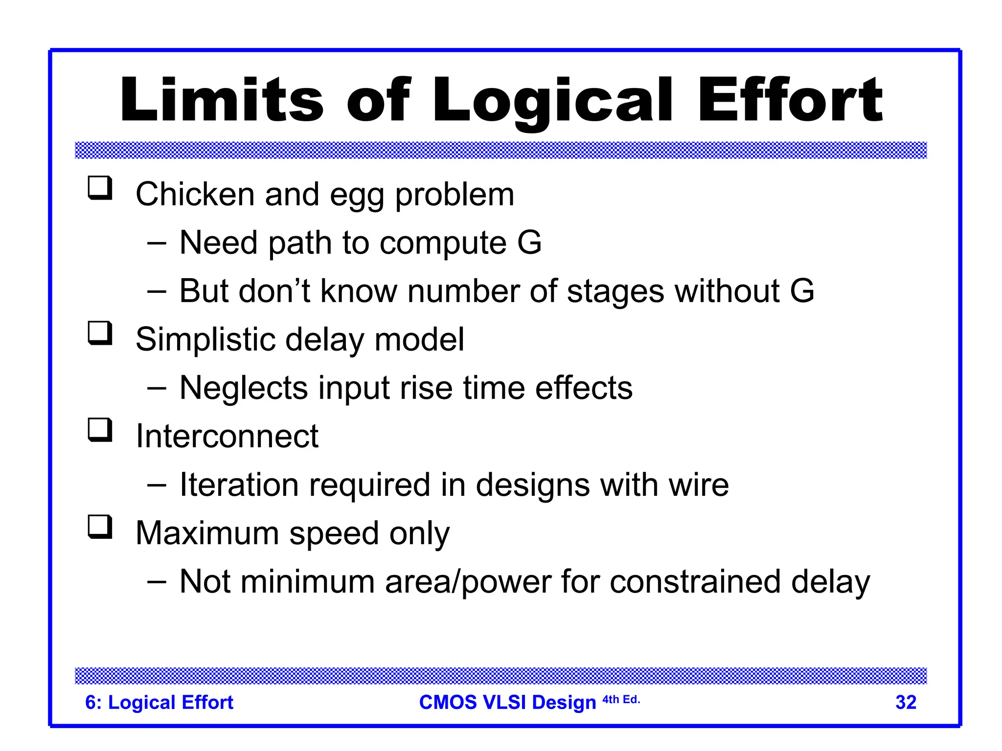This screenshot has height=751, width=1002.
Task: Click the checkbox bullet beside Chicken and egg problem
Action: coord(100,188)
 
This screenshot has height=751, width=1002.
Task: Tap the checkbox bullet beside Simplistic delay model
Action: coord(100,333)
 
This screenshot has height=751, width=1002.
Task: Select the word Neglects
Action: coord(244,388)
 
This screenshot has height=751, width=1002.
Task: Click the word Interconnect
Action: coord(227,436)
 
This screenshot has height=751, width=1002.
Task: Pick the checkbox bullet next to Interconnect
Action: coord(100,430)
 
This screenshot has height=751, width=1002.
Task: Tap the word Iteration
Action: coord(239,485)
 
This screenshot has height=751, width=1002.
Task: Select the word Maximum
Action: coord(207,533)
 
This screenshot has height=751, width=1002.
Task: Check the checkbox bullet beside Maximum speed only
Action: coord(100,527)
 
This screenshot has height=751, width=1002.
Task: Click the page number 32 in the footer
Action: coord(906,703)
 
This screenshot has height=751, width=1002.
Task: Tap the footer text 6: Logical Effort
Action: coord(159,703)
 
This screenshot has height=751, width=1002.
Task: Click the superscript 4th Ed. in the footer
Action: coord(621,700)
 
